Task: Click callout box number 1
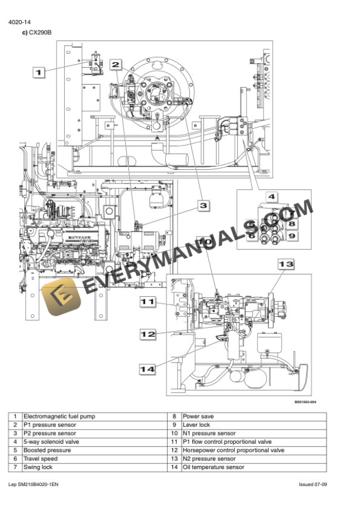[x=38, y=73]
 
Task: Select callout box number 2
[x=116, y=65]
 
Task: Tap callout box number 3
[x=203, y=205]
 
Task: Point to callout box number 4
[x=272, y=197]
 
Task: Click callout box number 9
[x=292, y=236]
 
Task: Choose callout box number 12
[x=148, y=334]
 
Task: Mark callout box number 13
[x=285, y=265]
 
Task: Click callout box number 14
[x=148, y=369]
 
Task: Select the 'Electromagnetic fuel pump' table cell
[x=59, y=416]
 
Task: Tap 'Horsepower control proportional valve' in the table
[x=234, y=450]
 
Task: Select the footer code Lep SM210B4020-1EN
[x=34, y=484]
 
